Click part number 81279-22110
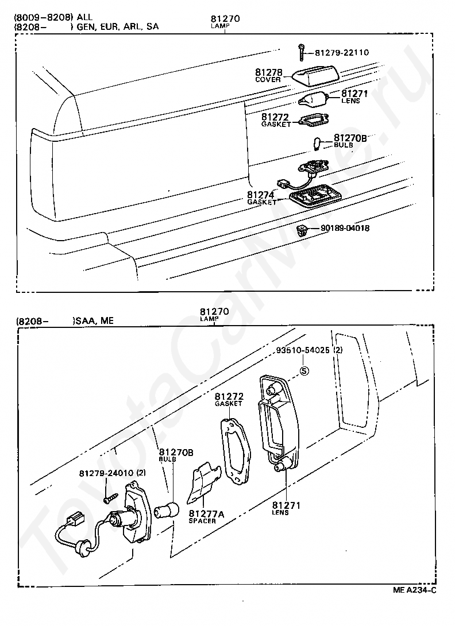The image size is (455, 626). click(342, 53)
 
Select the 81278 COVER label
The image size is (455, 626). click(269, 75)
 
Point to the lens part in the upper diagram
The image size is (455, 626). click(313, 100)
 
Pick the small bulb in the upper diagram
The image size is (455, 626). click(318, 141)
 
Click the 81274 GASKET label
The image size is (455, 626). click(261, 198)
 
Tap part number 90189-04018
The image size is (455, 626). click(345, 228)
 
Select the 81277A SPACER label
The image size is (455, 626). click(206, 516)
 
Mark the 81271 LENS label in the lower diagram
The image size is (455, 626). click(286, 508)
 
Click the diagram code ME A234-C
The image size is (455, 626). click(415, 590)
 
